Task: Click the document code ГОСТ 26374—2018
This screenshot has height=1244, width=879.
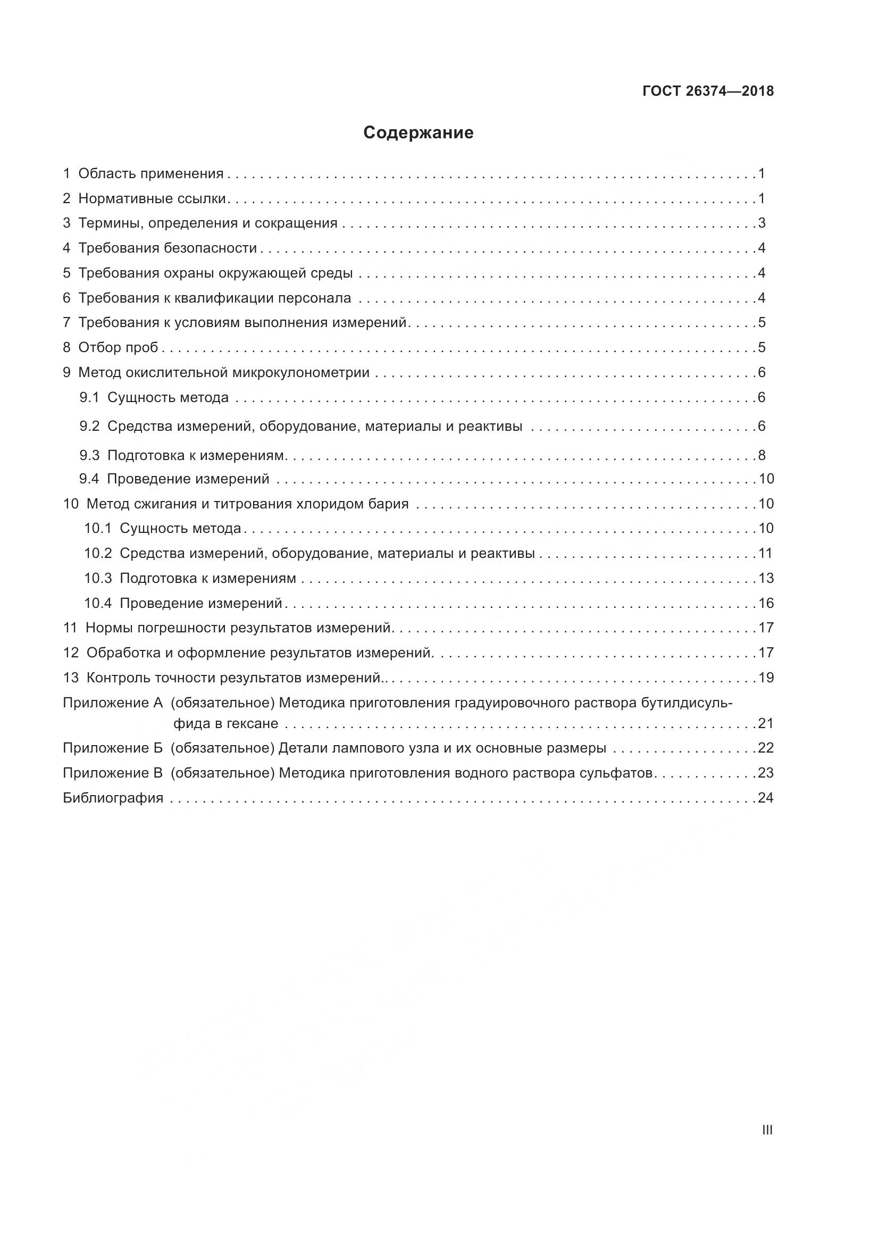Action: (x=708, y=91)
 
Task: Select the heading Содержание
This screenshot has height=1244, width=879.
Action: (x=418, y=133)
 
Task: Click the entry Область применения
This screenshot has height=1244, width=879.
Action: (x=150, y=173)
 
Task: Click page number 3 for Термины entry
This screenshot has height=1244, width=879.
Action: (x=761, y=223)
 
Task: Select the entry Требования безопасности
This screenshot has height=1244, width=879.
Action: (x=168, y=248)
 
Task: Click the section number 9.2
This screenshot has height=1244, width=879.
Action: (x=89, y=427)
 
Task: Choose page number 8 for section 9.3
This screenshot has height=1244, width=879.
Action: (x=761, y=455)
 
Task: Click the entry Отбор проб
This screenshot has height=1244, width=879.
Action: (x=118, y=347)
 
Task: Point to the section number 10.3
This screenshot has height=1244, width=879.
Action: (x=97, y=578)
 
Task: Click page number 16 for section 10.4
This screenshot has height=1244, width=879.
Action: (x=766, y=603)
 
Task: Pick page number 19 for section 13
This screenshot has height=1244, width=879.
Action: (x=766, y=678)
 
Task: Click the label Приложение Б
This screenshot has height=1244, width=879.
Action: (x=113, y=748)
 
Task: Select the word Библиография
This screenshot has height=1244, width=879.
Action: (x=113, y=798)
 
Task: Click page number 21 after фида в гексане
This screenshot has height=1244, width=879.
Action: (x=765, y=723)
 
